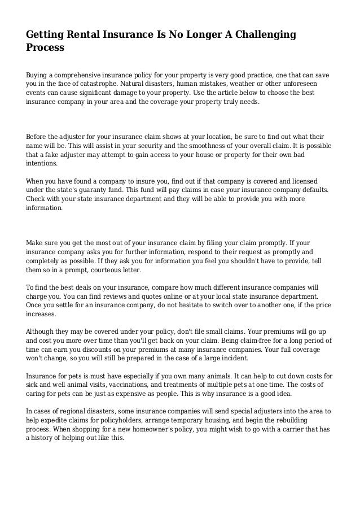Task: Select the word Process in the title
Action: [45, 48]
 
